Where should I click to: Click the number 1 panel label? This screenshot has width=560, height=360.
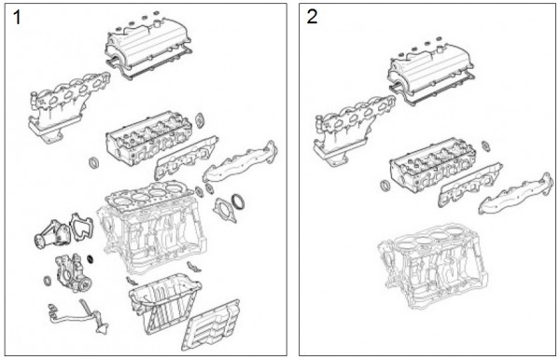17,18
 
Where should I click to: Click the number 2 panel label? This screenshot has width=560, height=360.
312,17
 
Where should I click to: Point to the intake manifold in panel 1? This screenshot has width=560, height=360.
68,106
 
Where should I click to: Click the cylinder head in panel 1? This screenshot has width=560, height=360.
148,138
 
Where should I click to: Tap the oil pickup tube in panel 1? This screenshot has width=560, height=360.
79,317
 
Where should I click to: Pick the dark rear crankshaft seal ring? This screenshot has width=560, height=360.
238,201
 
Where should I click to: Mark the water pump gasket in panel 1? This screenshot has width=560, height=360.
82,227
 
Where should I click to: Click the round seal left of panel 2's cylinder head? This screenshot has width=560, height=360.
385,186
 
